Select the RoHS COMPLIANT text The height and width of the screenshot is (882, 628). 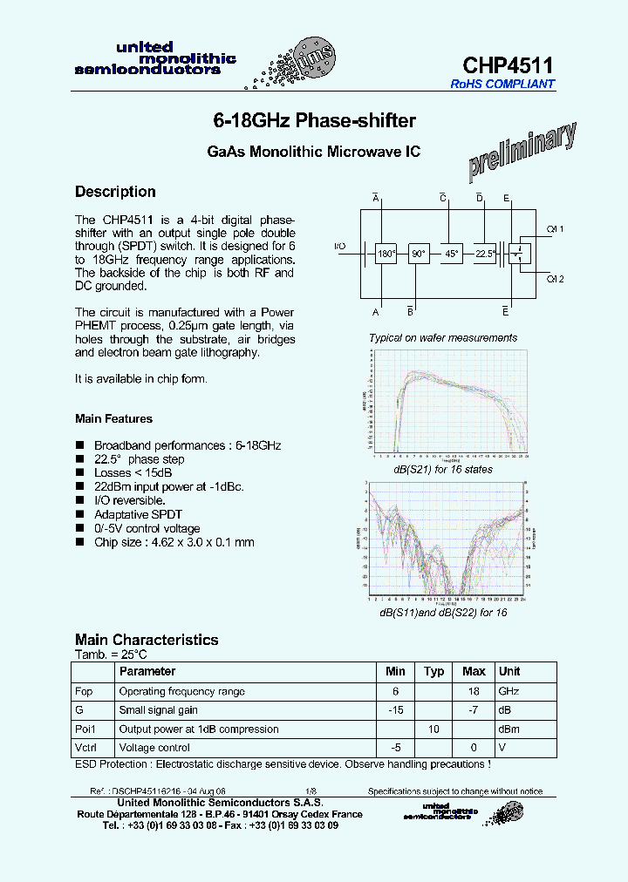point(502,85)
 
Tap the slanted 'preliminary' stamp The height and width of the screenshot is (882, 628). point(522,152)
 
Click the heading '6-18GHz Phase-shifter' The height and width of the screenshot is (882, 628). point(314,120)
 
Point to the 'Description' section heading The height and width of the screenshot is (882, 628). point(115,192)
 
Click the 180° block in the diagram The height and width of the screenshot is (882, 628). point(386,254)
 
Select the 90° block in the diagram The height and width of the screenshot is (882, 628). point(419,254)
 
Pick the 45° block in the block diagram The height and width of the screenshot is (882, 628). point(452,254)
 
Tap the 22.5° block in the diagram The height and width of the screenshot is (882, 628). point(485,254)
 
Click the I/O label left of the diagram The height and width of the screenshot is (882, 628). point(339,247)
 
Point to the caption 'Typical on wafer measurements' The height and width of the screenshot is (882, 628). point(442,338)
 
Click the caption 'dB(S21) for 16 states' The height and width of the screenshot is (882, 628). point(442,470)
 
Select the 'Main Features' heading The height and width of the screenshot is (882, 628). point(113,419)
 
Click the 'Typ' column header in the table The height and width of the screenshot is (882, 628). point(433,672)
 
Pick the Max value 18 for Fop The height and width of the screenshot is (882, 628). point(474,691)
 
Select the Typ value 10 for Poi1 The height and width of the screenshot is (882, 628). point(433,729)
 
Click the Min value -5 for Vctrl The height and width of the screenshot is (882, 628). point(395,748)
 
